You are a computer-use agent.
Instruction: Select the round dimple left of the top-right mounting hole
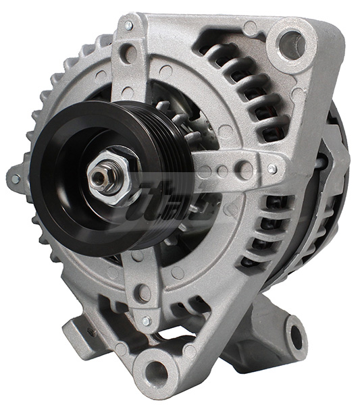point(251,28)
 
